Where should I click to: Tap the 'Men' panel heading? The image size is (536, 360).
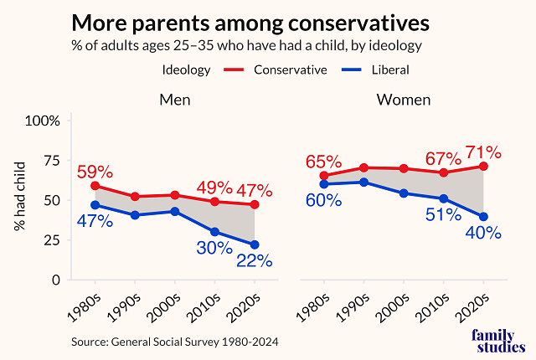pos(175,100)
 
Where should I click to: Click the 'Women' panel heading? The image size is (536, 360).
pos(404,100)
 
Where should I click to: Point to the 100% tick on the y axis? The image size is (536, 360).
pos(43,121)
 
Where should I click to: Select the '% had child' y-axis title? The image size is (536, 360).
pos(18,200)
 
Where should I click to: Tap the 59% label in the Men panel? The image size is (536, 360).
pos(95,172)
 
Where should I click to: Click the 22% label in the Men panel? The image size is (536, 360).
pos(253,261)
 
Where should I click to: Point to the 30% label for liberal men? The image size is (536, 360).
pos(214,249)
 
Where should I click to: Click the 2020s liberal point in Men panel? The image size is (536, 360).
pos(254,244)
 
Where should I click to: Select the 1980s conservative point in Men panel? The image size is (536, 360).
pos(95,186)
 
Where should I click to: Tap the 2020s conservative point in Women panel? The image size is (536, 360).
pos(482,167)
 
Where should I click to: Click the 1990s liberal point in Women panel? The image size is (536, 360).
pos(363,183)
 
